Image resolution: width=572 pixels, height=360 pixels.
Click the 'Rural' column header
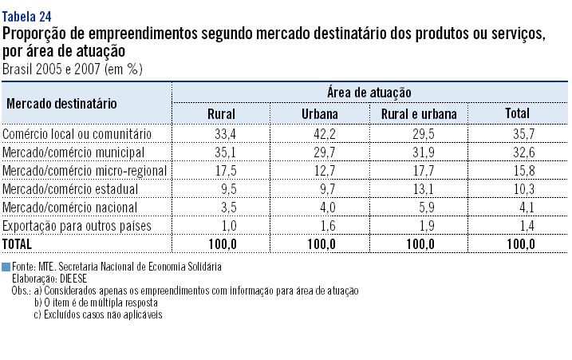tap(221, 114)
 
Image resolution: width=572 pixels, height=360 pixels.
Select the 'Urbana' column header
tap(319, 114)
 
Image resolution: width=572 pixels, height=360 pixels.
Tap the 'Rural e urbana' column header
tap(419, 114)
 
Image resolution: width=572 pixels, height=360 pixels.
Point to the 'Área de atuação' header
tap(369, 93)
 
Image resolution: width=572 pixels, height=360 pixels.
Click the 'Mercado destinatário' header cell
tap(62, 104)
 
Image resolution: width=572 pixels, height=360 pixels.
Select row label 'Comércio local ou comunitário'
tap(77, 134)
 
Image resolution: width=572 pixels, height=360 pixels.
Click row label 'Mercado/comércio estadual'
tap(70, 189)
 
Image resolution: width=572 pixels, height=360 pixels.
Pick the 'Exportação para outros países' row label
tap(77, 226)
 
